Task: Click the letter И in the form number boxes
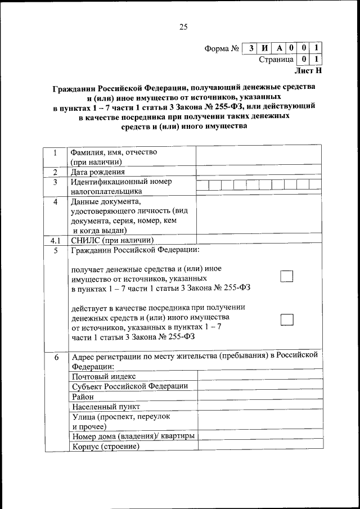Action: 264,48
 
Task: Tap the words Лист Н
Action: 308,71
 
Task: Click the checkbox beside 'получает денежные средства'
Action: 287,276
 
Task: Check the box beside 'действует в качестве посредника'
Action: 287,319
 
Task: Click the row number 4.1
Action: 56,240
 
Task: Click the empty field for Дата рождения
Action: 259,172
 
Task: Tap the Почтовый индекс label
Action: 104,376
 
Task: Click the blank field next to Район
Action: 260,396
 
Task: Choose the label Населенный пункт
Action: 106,406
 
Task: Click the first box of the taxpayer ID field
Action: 202,184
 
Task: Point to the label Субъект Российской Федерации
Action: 129,386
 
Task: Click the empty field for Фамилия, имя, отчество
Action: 259,156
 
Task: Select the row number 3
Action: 56,182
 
